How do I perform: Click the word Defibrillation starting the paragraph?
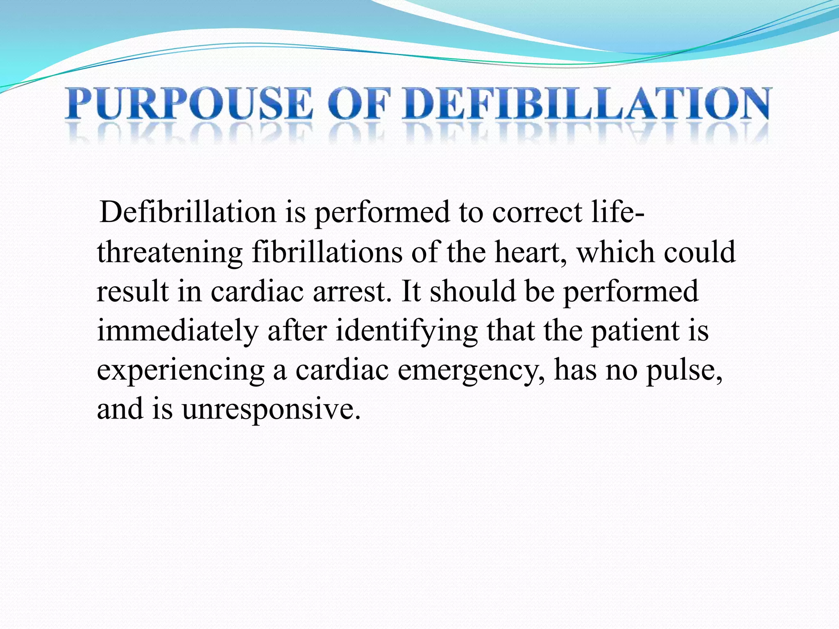click(188, 213)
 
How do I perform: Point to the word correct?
click(537, 213)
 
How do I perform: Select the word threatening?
click(170, 253)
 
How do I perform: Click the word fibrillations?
click(327, 252)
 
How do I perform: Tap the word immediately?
click(177, 331)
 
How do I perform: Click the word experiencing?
click(181, 370)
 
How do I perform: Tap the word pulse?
click(684, 370)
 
